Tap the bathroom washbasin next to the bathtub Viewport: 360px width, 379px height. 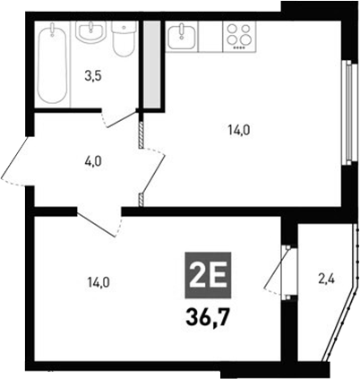tap(90, 33)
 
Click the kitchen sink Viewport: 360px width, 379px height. tap(182, 36)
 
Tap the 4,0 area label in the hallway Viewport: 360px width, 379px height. tap(92, 161)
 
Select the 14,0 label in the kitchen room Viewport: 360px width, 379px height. tap(239, 130)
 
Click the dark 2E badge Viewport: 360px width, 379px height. tap(206, 271)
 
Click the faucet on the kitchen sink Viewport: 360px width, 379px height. tap(182, 28)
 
